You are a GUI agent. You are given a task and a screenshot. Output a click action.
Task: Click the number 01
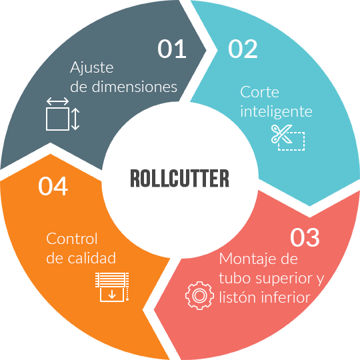pyautogui.click(x=172, y=49)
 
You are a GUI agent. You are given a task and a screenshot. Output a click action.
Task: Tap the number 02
pyautogui.click(x=243, y=49)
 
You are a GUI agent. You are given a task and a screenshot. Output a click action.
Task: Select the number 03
pyautogui.click(x=305, y=237)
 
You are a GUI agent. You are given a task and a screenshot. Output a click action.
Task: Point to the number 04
pyautogui.click(x=53, y=186)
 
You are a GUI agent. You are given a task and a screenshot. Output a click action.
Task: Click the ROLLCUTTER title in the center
pyautogui.click(x=180, y=178)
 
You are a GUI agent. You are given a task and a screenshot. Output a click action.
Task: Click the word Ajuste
pyautogui.click(x=91, y=68)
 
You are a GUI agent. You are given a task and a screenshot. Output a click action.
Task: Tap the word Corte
pyautogui.click(x=260, y=92)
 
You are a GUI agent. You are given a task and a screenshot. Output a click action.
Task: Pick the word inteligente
pyautogui.click(x=276, y=112)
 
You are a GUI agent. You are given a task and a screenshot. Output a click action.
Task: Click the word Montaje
pyautogui.click(x=247, y=259)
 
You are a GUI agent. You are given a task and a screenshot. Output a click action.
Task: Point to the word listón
pyautogui.click(x=238, y=297)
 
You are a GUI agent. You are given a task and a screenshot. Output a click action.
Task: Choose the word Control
pyautogui.click(x=72, y=239)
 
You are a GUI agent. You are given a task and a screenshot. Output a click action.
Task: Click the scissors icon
pyautogui.click(x=281, y=134)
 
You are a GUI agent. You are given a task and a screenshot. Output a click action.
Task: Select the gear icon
pyautogui.click(x=199, y=296)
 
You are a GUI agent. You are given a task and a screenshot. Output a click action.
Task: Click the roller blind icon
pyautogui.click(x=112, y=287)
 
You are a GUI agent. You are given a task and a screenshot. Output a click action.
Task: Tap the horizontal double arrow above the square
pyautogui.click(x=57, y=101)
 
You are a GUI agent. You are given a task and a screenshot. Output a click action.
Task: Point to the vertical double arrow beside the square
pyautogui.click(x=75, y=119)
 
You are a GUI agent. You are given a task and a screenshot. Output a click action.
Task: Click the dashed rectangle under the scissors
pyautogui.click(x=291, y=141)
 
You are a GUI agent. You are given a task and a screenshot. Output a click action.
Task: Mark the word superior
pyautogui.click(x=282, y=279)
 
